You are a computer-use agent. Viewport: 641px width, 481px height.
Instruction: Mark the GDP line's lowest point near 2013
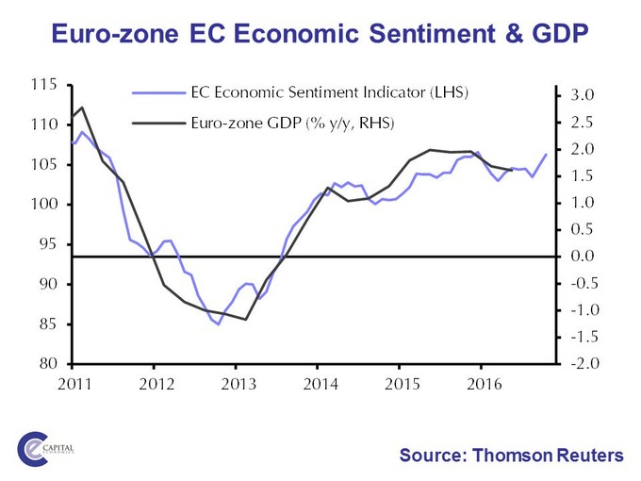[x=246, y=320]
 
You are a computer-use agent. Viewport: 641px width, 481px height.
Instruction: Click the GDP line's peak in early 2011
[x=82, y=108]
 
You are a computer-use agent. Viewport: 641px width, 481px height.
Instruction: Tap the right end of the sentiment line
[x=546, y=155]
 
